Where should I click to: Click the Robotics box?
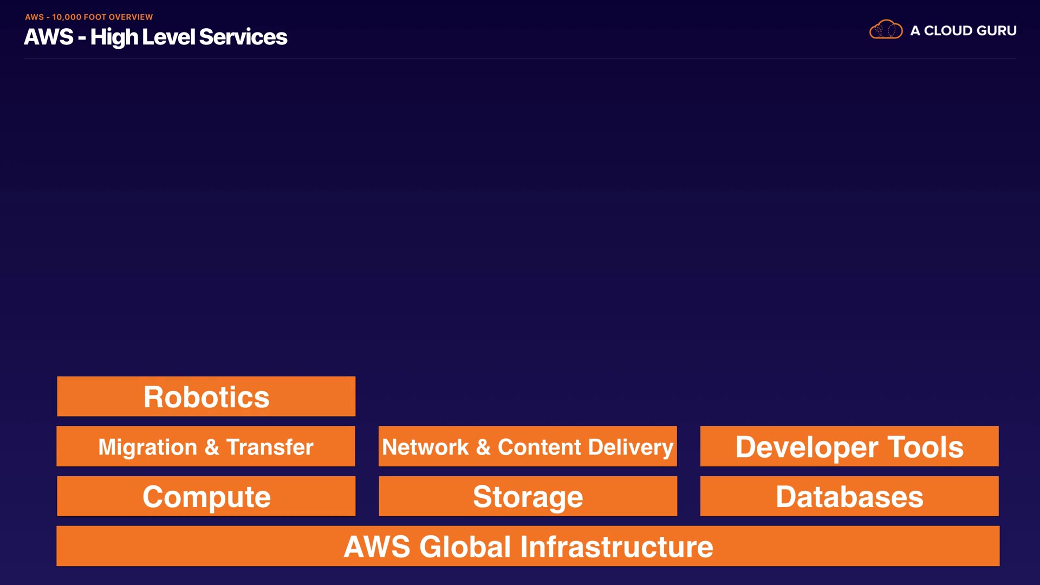(206, 396)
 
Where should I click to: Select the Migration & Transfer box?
(206, 446)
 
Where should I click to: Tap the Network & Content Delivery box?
(528, 446)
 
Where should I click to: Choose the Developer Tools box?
(849, 446)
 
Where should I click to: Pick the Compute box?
(206, 496)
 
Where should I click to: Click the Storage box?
(528, 496)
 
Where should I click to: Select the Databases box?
(849, 496)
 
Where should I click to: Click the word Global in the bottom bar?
(465, 547)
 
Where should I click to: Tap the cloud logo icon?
(886, 30)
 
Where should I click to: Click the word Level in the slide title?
(168, 37)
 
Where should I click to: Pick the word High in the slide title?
(114, 37)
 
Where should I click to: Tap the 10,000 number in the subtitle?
(66, 17)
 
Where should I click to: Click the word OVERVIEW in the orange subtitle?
(131, 17)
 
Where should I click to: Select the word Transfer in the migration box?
(270, 447)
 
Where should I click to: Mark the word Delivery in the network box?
(630, 447)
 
